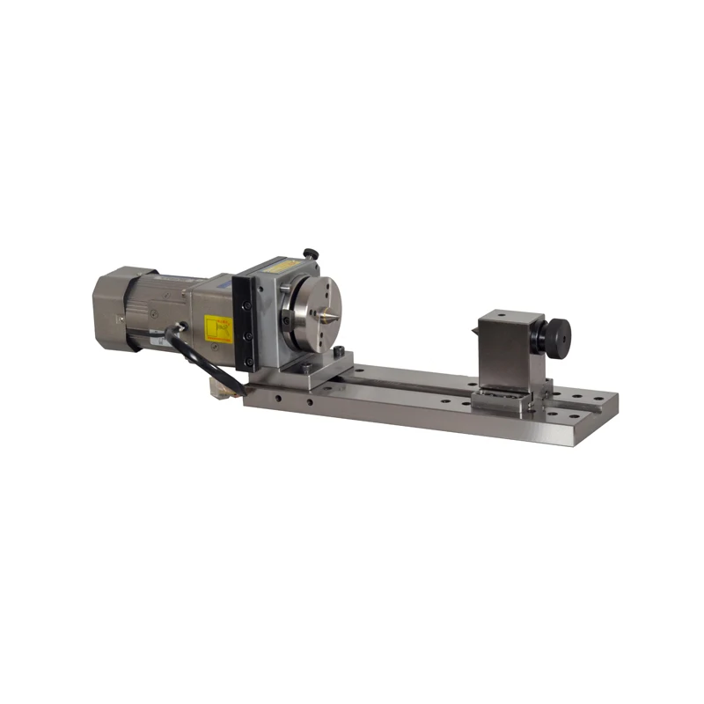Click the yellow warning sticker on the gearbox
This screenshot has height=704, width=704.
pos(217,329)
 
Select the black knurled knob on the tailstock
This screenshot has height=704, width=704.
pos(556,335)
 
